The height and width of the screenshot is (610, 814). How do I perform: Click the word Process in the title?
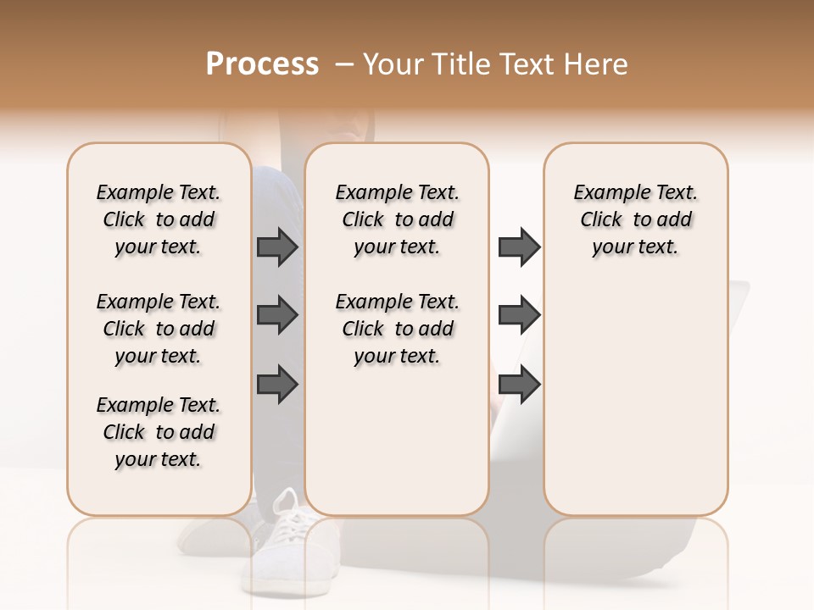[262, 64]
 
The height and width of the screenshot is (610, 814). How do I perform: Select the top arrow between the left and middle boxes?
[277, 247]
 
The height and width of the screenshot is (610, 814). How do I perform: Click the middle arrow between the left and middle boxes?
[277, 315]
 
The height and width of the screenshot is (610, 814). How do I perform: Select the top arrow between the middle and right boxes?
[519, 247]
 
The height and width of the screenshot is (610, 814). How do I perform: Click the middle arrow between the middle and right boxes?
[519, 315]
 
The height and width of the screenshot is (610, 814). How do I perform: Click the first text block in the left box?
[159, 219]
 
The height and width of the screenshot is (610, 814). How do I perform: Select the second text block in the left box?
[159, 329]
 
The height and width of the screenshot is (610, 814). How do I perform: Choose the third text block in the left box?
[159, 432]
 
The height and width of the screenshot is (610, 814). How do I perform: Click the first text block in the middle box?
[397, 219]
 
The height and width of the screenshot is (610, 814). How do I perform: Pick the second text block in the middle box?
[397, 329]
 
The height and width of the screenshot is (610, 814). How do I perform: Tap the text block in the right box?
[635, 219]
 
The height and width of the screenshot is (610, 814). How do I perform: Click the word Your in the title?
[393, 64]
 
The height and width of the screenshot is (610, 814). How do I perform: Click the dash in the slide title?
[343, 64]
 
